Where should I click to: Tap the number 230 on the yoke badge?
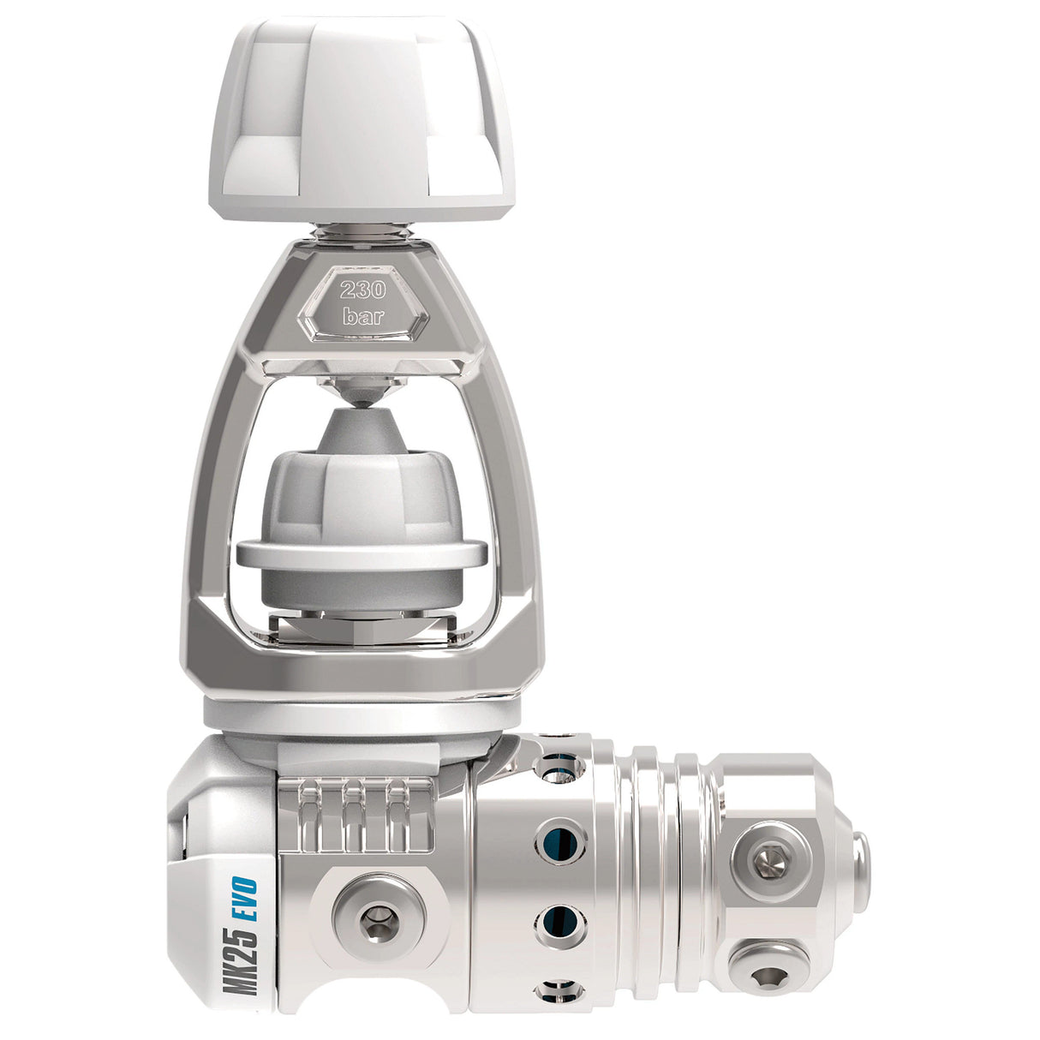[x=362, y=289]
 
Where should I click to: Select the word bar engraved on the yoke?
[x=362, y=316]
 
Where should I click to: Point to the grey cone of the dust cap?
[x=363, y=432]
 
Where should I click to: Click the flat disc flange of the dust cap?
[x=362, y=553]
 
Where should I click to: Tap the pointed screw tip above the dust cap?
[x=363, y=395]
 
